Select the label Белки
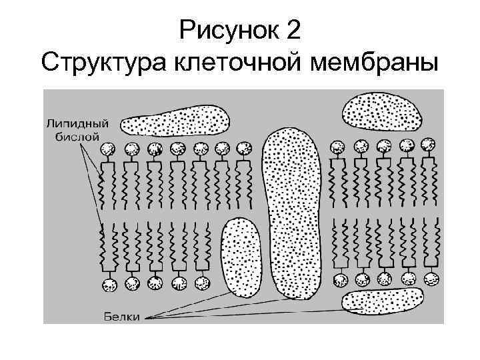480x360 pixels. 121,317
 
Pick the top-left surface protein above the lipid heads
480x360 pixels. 176,120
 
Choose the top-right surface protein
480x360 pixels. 382,111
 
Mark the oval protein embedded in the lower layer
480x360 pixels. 241,257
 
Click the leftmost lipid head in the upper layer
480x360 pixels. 109,149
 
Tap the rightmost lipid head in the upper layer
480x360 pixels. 428,144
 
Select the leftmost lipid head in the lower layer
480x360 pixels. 109,285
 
